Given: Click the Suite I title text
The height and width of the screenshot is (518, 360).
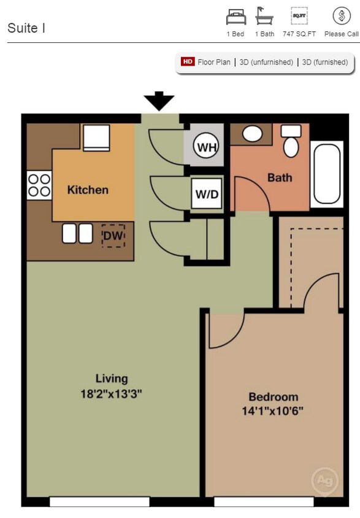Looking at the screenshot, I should coord(26,28).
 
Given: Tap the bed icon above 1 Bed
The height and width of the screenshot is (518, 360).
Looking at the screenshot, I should coord(236,16).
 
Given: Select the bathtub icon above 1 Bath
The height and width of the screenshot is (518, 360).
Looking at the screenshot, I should coord(264,16).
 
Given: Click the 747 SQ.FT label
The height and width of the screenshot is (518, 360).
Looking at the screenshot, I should coord(299,34).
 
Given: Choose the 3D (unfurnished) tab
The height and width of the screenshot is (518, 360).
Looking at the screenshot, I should coord(266,62).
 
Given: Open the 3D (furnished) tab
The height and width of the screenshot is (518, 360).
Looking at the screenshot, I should coord(325,62).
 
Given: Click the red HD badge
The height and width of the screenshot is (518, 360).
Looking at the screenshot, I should coord(188,62).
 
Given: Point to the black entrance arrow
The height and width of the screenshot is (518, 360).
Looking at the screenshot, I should coord(159,101).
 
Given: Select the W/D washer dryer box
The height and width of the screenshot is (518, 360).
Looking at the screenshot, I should coord(207,193).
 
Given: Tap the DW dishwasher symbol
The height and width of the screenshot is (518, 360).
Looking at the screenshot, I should coord(113,236).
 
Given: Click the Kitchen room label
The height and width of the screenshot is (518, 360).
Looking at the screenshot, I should coord(88,190).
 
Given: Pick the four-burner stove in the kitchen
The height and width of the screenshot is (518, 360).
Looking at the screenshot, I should coord(39,185).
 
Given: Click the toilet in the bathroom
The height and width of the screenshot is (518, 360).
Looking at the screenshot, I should coord(291,142).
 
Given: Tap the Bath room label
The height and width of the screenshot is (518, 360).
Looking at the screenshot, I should coord(280,178).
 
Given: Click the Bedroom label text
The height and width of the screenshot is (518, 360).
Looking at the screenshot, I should coord(273,396).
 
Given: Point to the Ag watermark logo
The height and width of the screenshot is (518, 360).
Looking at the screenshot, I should coord(325,481).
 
